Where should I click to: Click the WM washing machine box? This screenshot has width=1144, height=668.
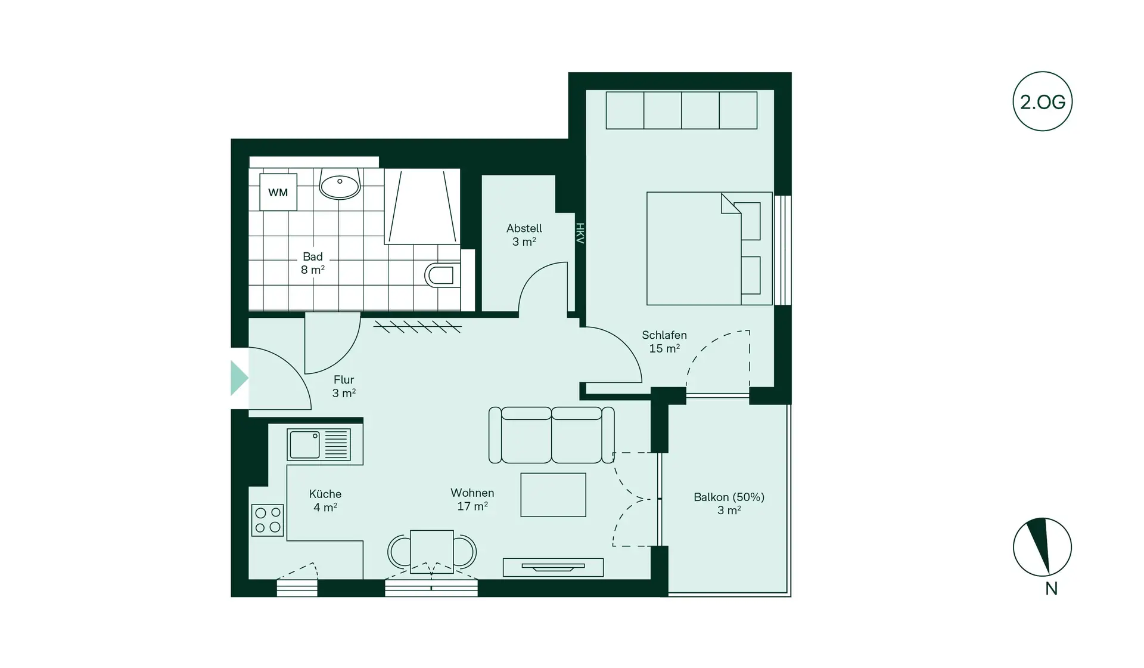tap(278, 192)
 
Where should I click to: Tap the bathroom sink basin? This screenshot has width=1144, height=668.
tap(340, 185)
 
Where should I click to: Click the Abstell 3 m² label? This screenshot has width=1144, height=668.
tap(524, 235)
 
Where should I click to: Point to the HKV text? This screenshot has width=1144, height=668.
tap(580, 233)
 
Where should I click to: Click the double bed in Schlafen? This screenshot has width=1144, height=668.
tap(703, 248)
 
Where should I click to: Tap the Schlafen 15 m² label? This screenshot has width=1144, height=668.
tap(664, 342)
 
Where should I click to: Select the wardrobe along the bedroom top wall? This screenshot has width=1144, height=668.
tap(681, 110)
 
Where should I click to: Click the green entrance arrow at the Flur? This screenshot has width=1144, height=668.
tap(239, 378)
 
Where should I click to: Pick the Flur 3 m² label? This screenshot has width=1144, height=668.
tap(344, 386)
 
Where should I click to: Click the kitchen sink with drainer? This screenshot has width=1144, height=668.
tap(319, 445)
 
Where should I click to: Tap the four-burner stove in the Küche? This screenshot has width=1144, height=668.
tap(268, 520)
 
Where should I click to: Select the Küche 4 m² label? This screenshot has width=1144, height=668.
tap(325, 500)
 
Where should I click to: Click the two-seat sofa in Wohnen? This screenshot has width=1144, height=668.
tap(551, 435)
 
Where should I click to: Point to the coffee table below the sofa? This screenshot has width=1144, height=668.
tap(553, 494)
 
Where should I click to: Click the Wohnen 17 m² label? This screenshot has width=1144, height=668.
tap(472, 499)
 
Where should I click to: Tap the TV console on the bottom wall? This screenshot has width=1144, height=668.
tap(553, 567)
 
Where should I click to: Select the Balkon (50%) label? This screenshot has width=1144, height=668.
tap(729, 503)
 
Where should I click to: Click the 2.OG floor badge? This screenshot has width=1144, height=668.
tap(1042, 101)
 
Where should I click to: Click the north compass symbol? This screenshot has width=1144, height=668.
tap(1042, 548)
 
